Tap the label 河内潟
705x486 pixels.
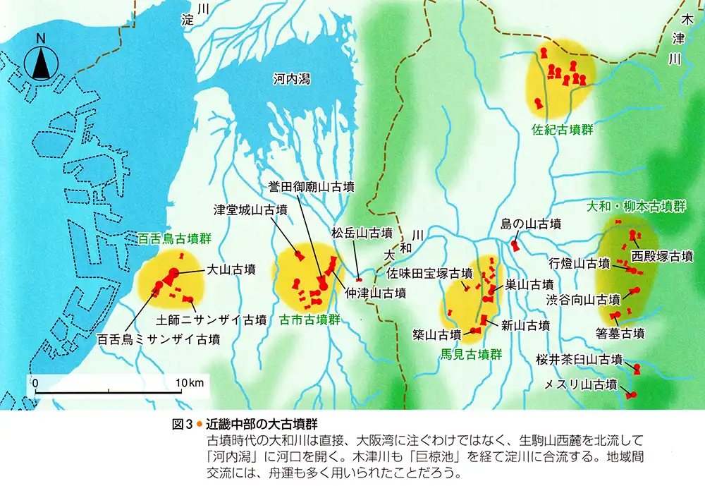291,81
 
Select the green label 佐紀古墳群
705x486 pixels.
562,130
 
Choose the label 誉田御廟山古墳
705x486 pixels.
311,187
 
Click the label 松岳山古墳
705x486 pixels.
362,232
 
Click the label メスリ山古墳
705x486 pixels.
582,384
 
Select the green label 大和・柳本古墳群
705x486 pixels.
637,207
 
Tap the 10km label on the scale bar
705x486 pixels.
190,382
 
